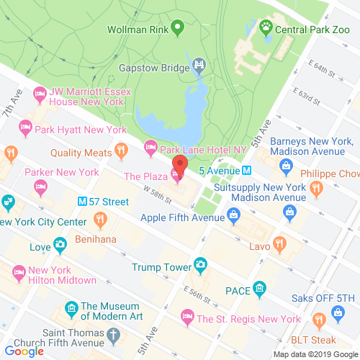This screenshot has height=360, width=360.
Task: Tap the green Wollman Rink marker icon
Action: [176, 30]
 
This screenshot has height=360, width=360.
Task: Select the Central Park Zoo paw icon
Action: [267, 30]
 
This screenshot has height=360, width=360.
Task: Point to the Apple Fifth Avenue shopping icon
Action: [233, 214]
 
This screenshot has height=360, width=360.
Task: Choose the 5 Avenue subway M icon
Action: [246, 171]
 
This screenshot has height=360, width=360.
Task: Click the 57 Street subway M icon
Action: [82, 202]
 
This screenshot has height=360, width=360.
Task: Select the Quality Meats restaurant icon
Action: [120, 152]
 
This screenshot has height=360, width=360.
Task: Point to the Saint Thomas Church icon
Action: [113, 336]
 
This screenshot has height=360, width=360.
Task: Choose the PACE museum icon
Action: [260, 289]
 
